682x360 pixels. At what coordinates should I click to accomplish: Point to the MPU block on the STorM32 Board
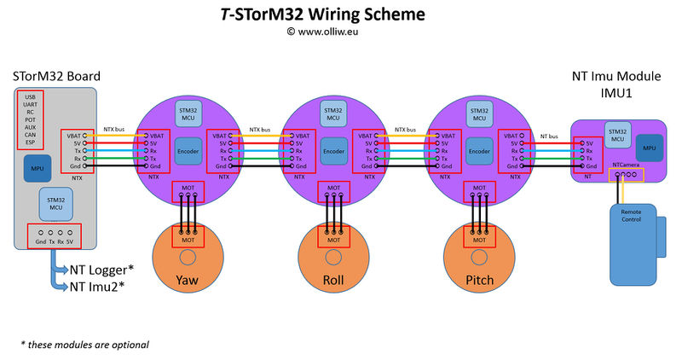coord(37,167)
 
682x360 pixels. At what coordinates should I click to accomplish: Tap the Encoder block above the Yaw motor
coord(188,150)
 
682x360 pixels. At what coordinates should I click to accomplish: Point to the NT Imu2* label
coord(98,287)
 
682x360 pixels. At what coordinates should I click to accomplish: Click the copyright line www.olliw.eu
coord(340,31)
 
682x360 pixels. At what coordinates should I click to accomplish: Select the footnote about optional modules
coord(84,345)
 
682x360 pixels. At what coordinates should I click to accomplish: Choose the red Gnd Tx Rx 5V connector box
coord(55,235)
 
